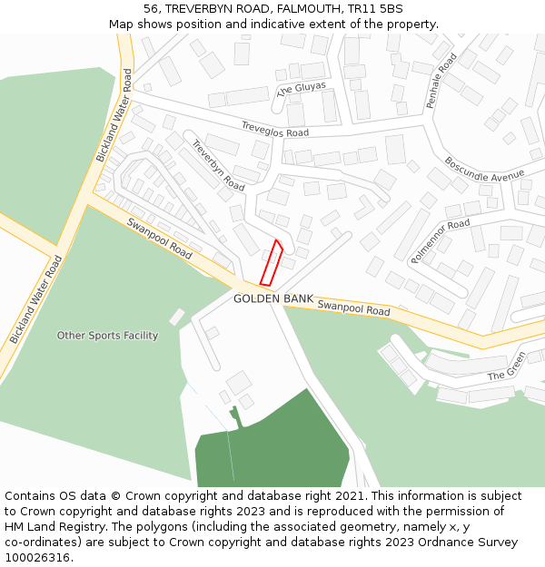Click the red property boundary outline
pos(272,263)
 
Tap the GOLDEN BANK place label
pos(272,298)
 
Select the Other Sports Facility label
pos(107,336)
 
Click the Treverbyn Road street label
pos(218,165)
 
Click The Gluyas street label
pos(301,89)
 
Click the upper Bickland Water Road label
pos(114,115)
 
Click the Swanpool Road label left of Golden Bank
pos(159,238)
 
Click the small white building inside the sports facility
pos(176,318)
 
